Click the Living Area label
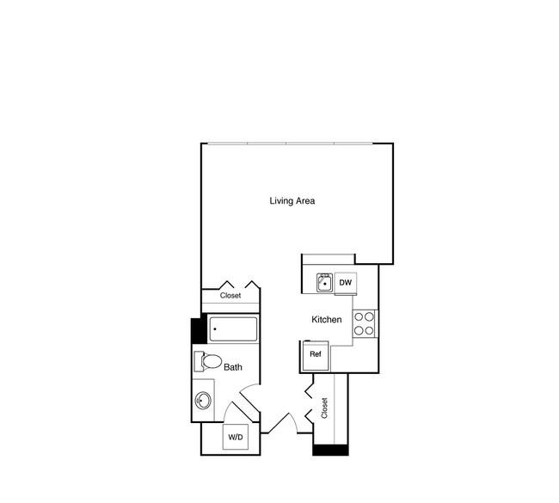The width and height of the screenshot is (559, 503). [x=292, y=201]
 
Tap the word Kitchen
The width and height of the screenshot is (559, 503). [x=327, y=319]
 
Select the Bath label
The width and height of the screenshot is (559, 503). [x=233, y=367]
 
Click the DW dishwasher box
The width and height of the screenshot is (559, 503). [x=346, y=283]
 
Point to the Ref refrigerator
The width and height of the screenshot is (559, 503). [x=316, y=355]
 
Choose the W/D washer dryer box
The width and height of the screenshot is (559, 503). [x=236, y=437]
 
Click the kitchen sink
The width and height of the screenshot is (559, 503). [x=325, y=283]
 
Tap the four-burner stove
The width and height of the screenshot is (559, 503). [x=365, y=323]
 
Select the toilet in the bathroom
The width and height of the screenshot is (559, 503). [x=208, y=361]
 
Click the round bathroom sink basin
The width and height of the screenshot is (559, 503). [x=203, y=401]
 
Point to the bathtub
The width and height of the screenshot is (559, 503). [x=233, y=329]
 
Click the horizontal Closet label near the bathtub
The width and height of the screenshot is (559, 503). [x=230, y=296]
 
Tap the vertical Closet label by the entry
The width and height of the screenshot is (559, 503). [x=324, y=408]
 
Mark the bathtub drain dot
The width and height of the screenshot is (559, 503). [x=215, y=329]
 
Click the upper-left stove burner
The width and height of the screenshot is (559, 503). [x=359, y=316]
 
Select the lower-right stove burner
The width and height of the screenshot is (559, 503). [x=369, y=331]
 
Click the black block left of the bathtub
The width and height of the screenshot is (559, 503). [x=199, y=331]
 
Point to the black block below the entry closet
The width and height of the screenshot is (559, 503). [x=330, y=450]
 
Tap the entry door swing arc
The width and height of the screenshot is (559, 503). [x=294, y=422]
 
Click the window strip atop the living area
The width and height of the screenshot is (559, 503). [x=290, y=144]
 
